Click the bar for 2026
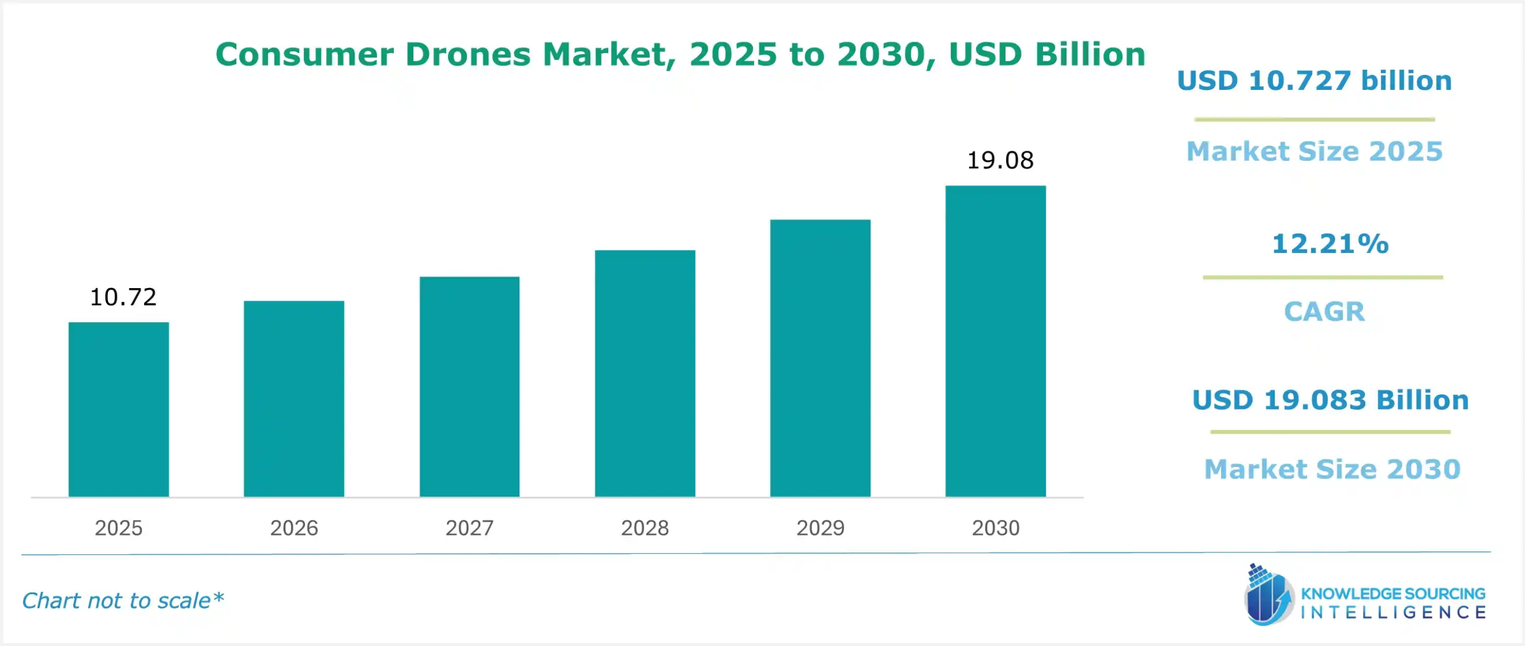point(294,399)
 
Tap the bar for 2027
point(469,387)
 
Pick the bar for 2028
point(645,374)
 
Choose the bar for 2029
point(820,358)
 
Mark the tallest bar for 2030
point(995,341)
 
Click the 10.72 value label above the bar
point(123,297)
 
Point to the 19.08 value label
point(1000,160)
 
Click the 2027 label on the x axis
point(469,528)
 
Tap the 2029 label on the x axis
point(820,528)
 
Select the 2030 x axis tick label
point(995,528)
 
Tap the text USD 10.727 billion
point(1314,80)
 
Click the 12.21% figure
point(1330,244)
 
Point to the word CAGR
point(1324,311)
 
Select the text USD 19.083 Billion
point(1330,400)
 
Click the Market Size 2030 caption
point(1332,469)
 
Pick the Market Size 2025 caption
point(1314,151)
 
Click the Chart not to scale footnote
point(123,601)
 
